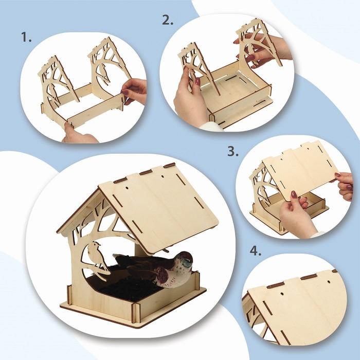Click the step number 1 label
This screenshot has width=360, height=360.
coord(26,37)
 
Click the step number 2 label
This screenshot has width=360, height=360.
coord(168,20)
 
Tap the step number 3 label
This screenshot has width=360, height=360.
coord(233,151)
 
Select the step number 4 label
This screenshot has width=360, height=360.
coord(255,251)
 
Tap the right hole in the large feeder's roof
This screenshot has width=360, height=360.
coord(163,177)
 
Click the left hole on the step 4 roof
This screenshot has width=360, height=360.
coord(282,294)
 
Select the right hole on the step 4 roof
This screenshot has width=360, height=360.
coord(329,281)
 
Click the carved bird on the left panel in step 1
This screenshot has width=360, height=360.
coord(52,93)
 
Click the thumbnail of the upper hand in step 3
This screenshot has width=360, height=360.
coord(337,175)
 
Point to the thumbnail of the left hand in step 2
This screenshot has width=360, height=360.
coord(197,81)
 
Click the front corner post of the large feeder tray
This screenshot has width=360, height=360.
coord(134,313)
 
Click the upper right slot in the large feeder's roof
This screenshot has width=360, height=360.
coord(180,179)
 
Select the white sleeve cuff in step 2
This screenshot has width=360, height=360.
coord(212,127)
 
